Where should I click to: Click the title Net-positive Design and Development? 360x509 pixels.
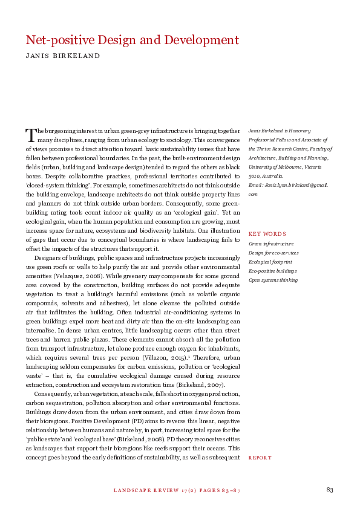[133, 41]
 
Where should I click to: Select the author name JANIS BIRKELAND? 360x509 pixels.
[62, 56]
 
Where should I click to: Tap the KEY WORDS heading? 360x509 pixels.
[267, 233]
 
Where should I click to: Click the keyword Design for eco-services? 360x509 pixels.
[273, 252]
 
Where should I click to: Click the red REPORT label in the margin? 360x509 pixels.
[260, 458]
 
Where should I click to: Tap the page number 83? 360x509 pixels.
[330, 489]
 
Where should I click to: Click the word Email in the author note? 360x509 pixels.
[255, 185]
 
